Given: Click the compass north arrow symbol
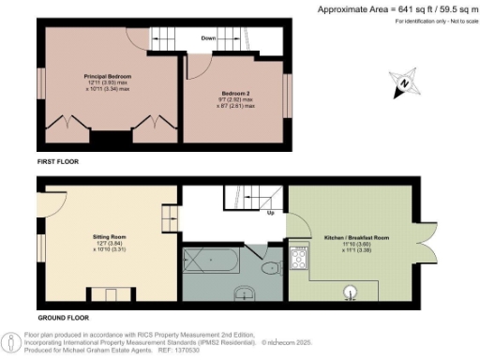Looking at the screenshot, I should pyautogui.click(x=402, y=82).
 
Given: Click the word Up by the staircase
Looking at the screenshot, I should pyautogui.click(x=271, y=212).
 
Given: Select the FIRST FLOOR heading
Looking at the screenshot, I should pyautogui.click(x=57, y=162).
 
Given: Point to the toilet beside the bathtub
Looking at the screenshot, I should pyautogui.click(x=268, y=269).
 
